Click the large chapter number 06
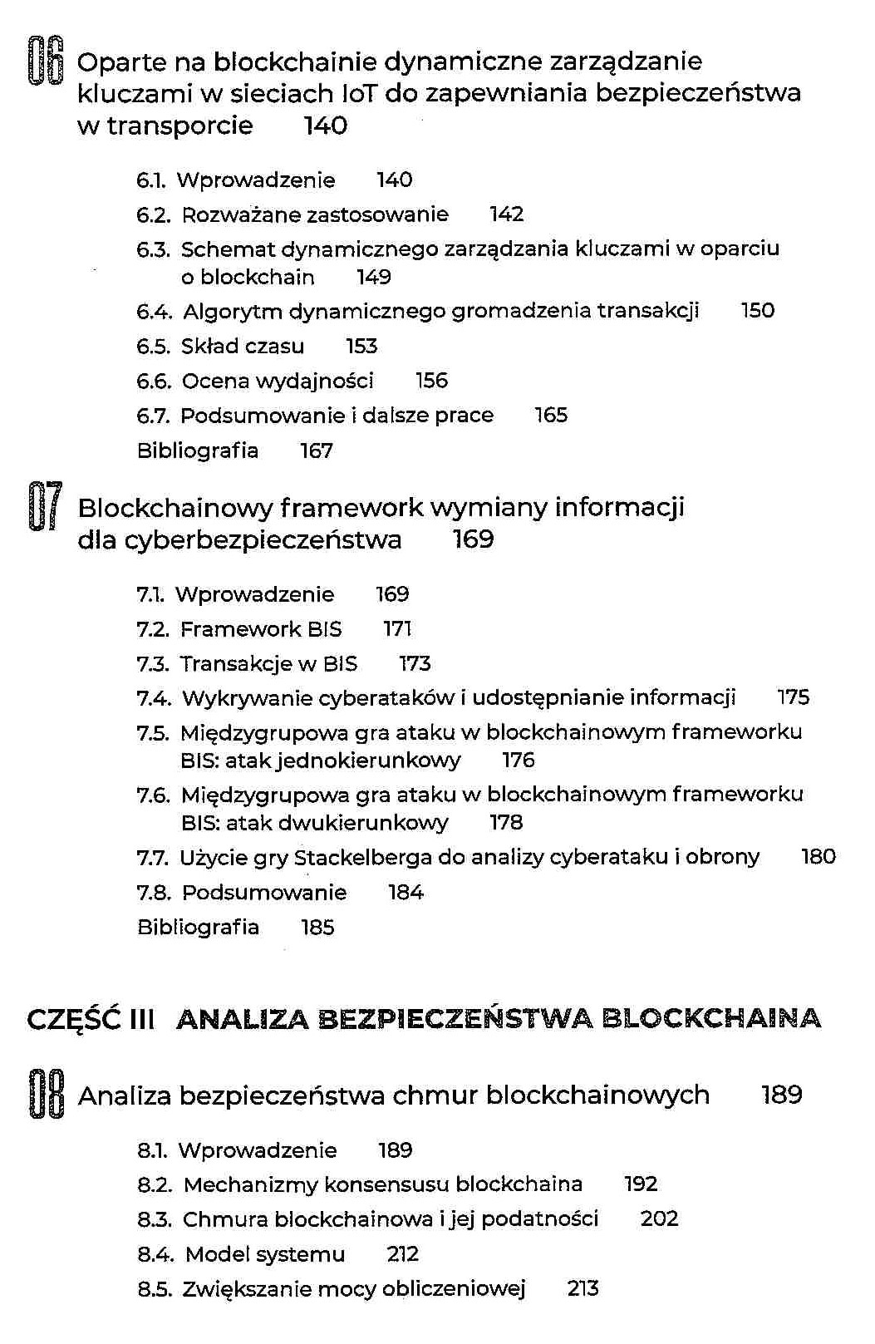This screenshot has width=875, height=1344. (46, 61)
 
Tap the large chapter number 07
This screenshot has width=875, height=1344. (44, 506)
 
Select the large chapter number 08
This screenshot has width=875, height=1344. (47, 1094)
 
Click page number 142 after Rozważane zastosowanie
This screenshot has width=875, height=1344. (506, 214)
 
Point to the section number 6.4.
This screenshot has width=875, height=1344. (155, 312)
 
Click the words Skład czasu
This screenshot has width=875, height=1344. (242, 346)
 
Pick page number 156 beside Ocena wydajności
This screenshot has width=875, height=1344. (431, 381)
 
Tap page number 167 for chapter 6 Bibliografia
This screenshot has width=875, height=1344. (316, 450)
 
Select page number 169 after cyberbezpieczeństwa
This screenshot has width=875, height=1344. (473, 539)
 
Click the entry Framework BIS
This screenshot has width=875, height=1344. (260, 629)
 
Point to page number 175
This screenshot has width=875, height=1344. (793, 697)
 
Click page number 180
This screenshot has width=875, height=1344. (818, 857)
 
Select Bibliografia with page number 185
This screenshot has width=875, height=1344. (198, 927)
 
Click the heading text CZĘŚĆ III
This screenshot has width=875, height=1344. (91, 1019)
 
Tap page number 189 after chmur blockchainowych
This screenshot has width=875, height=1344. (781, 1095)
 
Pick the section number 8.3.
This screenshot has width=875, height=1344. (155, 1220)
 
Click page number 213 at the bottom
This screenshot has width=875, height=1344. (583, 1289)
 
